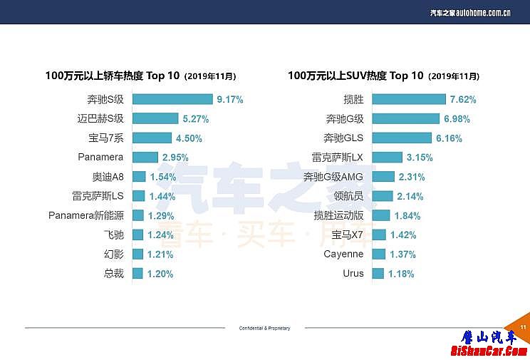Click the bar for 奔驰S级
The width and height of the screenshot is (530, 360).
tap(172, 100)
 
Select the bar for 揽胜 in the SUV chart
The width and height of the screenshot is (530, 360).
tap(407, 100)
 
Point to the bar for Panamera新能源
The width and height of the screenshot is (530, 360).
tap(137, 215)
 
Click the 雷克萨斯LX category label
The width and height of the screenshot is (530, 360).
tap(338, 158)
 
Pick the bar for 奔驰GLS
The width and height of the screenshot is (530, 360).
tap(401, 138)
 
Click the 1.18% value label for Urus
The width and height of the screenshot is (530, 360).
tap(401, 274)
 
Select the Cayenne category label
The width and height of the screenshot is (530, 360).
tap(343, 254)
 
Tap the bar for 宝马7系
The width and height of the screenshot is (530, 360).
tap(152, 138)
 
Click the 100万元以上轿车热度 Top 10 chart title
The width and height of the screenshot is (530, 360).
tap(140, 76)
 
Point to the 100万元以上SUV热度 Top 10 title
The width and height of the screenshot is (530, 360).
tap(383, 76)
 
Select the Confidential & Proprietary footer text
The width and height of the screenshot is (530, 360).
tap(265, 328)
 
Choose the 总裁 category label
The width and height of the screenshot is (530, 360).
tap(113, 274)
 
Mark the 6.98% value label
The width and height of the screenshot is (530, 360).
tap(457, 119)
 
